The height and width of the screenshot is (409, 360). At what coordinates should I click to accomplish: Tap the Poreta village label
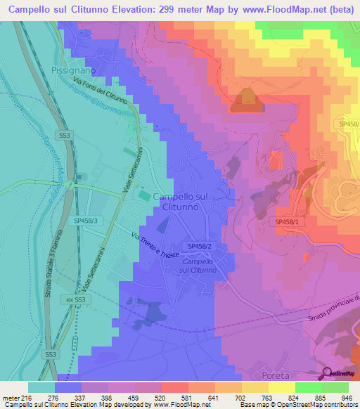[295, 375]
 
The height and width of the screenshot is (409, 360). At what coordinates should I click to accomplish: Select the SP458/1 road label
[287, 221]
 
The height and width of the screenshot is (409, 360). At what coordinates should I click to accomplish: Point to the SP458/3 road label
[89, 220]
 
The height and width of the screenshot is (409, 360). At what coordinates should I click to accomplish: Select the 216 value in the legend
[27, 396]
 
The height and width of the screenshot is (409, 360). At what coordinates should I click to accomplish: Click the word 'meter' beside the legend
[10, 396]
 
